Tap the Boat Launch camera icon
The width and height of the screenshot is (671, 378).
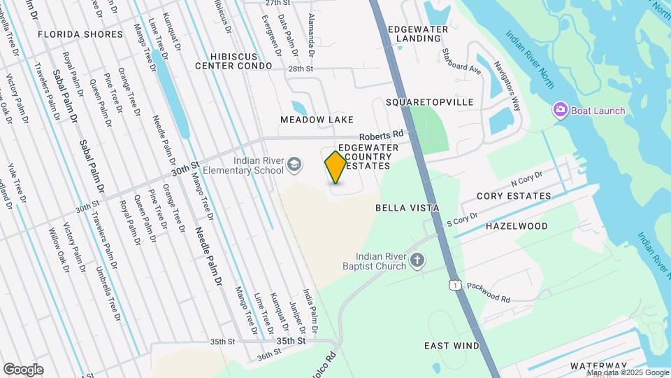(x=559, y=110)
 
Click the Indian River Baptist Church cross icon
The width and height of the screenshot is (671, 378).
(x=417, y=261)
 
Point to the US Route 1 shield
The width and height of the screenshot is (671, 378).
(x=455, y=284)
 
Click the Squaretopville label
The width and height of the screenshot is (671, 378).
(x=430, y=102)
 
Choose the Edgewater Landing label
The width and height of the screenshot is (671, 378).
(x=418, y=33)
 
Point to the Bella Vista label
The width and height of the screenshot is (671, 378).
(x=407, y=208)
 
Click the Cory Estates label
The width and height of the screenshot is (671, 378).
(x=514, y=196)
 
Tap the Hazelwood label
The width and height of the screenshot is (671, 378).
(x=517, y=226)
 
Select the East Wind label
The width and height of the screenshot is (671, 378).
(x=452, y=346)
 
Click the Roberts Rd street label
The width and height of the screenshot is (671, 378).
(x=382, y=135)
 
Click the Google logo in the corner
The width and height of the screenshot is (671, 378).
(x=23, y=369)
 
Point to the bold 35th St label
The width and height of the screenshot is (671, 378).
(x=291, y=341)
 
